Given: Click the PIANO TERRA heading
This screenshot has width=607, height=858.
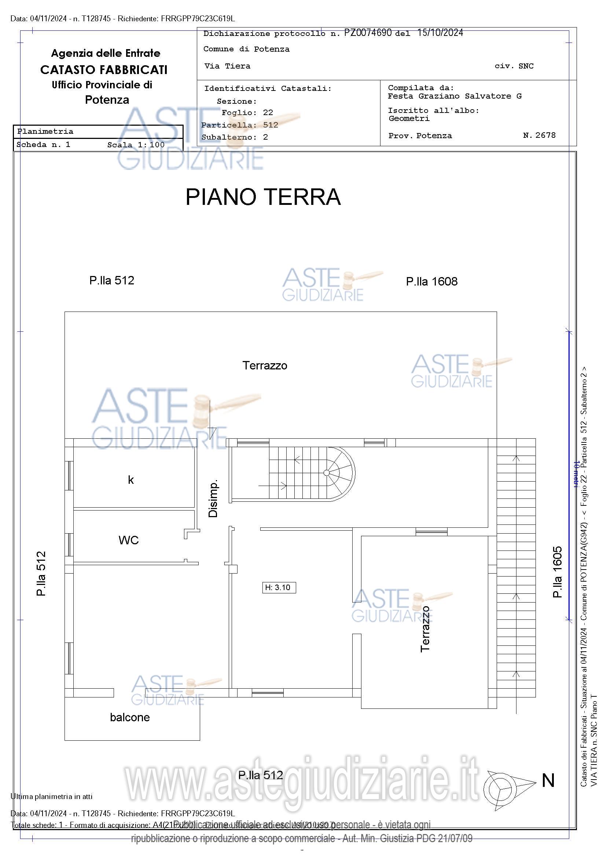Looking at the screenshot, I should pyautogui.click(x=263, y=197).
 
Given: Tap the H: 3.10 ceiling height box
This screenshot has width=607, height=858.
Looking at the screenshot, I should pyautogui.click(x=279, y=588).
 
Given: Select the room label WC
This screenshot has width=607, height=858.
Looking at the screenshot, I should pyautogui.click(x=129, y=540).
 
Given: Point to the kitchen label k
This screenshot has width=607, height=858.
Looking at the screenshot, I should pyautogui.click(x=130, y=480).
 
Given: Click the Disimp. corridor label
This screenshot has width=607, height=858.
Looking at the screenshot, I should pyautogui.click(x=213, y=498).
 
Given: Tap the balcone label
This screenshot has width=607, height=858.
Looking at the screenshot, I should pyautogui.click(x=130, y=717).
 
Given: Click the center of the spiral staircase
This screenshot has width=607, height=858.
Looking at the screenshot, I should pyautogui.click(x=326, y=473).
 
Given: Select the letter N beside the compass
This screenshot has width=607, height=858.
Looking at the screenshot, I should pyautogui.click(x=548, y=781).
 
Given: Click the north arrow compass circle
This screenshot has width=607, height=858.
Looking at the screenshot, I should pyautogui.click(x=497, y=788).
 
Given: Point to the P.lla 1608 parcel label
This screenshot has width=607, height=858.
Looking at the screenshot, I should pyautogui.click(x=432, y=281).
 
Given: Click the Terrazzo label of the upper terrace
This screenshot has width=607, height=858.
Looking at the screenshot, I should pyautogui.click(x=265, y=365).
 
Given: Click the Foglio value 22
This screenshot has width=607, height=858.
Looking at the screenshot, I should pyautogui.click(x=268, y=113).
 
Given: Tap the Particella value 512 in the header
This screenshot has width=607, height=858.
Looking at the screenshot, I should pyautogui.click(x=271, y=125).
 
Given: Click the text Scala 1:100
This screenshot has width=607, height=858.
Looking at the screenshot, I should pyautogui.click(x=136, y=145).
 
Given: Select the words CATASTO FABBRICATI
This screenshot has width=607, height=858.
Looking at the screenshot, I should pyautogui.click(x=104, y=70).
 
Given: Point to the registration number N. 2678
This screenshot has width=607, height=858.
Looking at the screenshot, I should pyautogui.click(x=539, y=135).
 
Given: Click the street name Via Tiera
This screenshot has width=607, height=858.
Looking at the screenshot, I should pyautogui.click(x=227, y=66).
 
